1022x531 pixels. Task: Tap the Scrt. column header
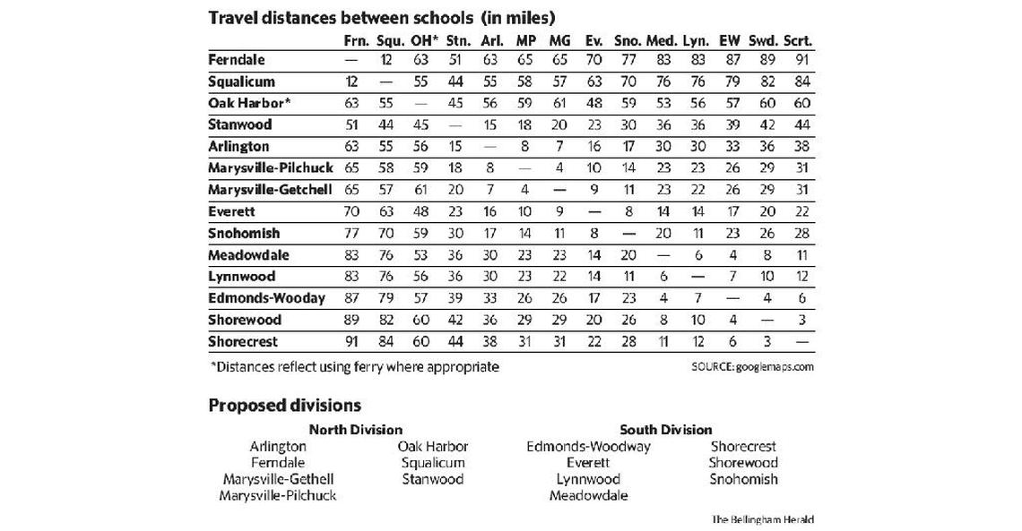(x=798, y=41)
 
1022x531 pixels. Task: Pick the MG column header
(x=559, y=41)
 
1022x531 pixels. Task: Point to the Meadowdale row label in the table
(x=247, y=255)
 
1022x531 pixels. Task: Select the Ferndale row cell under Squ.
(x=387, y=60)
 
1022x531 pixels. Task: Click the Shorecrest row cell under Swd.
(x=765, y=341)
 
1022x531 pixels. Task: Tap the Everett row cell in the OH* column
(x=421, y=212)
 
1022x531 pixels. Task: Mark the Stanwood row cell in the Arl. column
(x=491, y=124)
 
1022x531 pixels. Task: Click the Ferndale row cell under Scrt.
(x=800, y=60)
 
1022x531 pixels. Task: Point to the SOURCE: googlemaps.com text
(x=752, y=367)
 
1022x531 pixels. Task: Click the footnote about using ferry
(x=353, y=366)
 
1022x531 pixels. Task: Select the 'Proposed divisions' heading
(x=284, y=405)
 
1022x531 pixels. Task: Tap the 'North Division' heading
(x=356, y=430)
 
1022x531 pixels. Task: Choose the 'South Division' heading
(x=665, y=430)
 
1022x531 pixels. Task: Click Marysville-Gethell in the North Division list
(x=278, y=479)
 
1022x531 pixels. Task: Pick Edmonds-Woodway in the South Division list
(x=588, y=446)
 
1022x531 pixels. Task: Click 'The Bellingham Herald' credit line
(x=762, y=519)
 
